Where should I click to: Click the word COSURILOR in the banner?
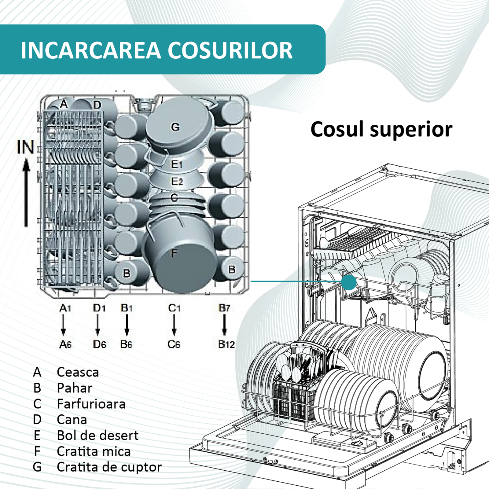click(230, 50)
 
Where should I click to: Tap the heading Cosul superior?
click(381, 129)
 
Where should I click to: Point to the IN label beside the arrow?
click(25, 147)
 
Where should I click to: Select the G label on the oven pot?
click(175, 127)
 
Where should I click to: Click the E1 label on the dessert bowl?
click(177, 164)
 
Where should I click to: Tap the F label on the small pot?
click(174, 253)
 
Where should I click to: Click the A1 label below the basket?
click(65, 308)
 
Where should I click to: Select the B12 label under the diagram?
click(226, 344)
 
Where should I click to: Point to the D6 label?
click(99, 344)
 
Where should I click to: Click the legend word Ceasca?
click(78, 372)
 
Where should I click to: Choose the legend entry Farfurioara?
click(91, 404)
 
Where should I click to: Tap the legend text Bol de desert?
click(97, 435)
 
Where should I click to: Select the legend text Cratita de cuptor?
click(109, 467)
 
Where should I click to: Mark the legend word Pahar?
click(75, 388)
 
